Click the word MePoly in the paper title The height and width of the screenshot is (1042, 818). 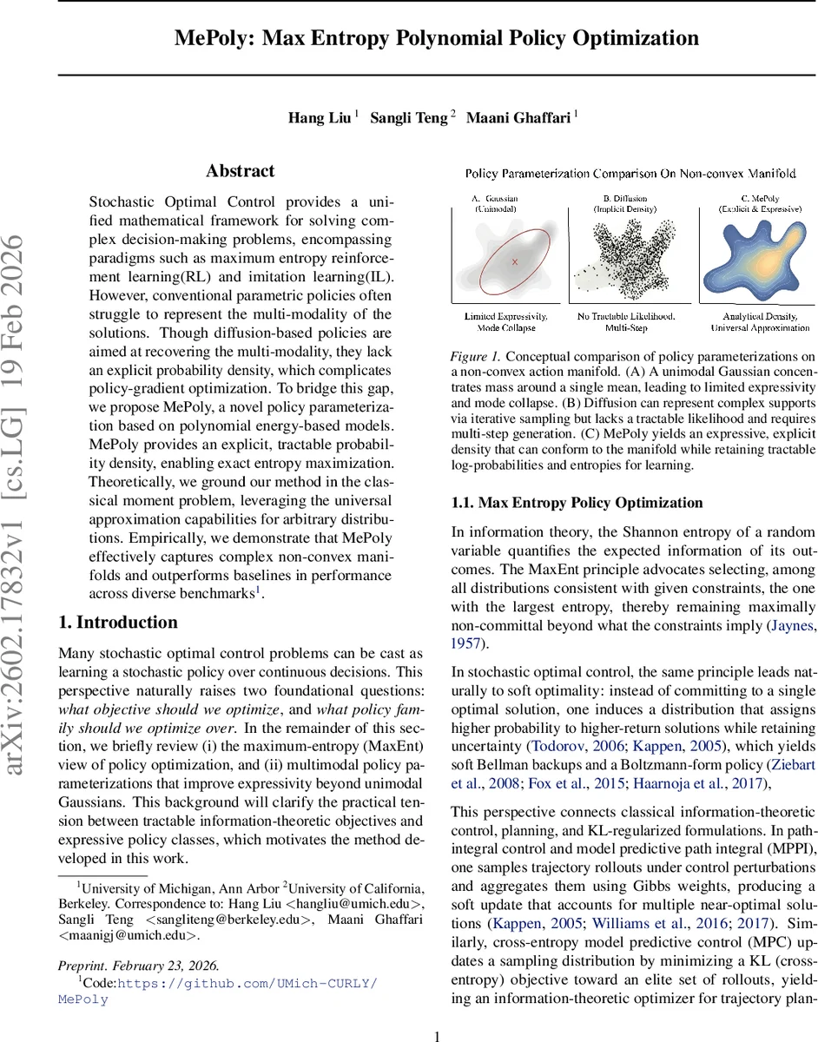point(213,39)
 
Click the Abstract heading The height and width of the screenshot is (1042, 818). point(240,171)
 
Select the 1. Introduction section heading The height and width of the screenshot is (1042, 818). point(117,622)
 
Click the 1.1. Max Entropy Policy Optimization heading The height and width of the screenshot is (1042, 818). point(577,502)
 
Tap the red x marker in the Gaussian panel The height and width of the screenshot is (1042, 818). point(514,260)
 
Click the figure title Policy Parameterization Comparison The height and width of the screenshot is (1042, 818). point(631,174)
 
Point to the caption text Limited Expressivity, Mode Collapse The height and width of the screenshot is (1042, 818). point(506,322)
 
